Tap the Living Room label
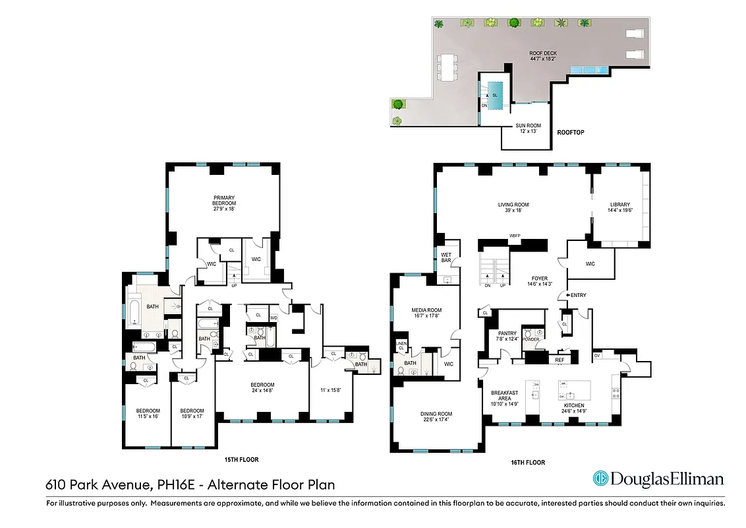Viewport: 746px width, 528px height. pyautogui.click(x=513, y=209)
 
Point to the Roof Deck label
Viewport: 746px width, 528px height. pyautogui.click(x=543, y=55)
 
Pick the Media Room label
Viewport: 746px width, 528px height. pyautogui.click(x=426, y=313)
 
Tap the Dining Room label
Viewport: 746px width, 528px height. pyautogui.click(x=436, y=418)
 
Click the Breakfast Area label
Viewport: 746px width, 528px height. pyautogui.click(x=504, y=396)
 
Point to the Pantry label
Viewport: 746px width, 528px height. pyautogui.click(x=507, y=337)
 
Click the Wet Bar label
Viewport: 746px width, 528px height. pyautogui.click(x=446, y=257)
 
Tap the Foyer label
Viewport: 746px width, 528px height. pyautogui.click(x=540, y=282)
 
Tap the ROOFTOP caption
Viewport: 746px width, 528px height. pyautogui.click(x=570, y=133)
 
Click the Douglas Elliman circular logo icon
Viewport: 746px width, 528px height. pyautogui.click(x=600, y=478)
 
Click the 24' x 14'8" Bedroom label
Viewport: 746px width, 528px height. pyautogui.click(x=262, y=388)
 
